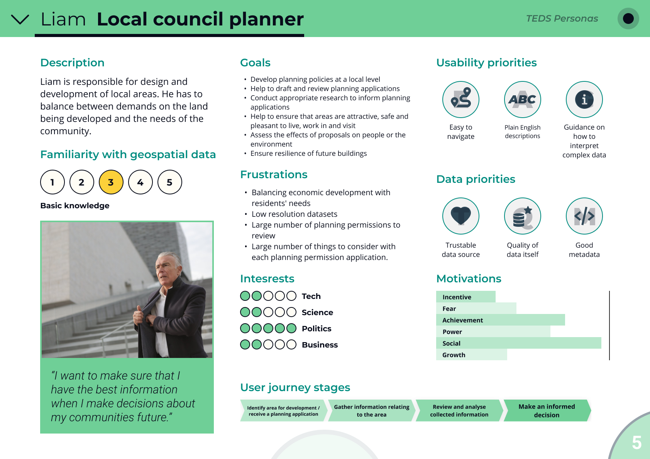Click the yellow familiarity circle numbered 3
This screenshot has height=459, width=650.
[x=111, y=182]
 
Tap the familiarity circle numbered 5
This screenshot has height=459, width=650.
[x=170, y=182]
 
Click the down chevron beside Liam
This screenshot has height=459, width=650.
[x=20, y=19]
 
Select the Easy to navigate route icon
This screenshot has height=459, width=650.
[x=461, y=100]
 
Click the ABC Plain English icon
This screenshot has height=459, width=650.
[x=523, y=100]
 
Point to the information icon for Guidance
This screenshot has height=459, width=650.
[x=584, y=100]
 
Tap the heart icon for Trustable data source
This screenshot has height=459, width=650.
[x=461, y=216]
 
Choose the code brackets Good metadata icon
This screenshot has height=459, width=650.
[x=584, y=216]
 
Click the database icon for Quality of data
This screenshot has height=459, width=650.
[x=523, y=216]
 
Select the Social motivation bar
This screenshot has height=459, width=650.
[x=518, y=343]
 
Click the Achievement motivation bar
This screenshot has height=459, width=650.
[x=500, y=320]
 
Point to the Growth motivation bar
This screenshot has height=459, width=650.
[x=471, y=354]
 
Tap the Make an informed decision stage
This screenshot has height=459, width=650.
[x=547, y=411]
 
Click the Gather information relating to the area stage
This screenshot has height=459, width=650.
[x=371, y=411]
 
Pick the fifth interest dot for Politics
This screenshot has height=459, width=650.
[x=291, y=328]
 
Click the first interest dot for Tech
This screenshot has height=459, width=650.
[x=245, y=296]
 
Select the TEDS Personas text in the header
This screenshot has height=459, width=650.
[x=562, y=19]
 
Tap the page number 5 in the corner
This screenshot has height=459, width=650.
[x=636, y=442]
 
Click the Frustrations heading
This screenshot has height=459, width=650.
[x=274, y=175]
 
